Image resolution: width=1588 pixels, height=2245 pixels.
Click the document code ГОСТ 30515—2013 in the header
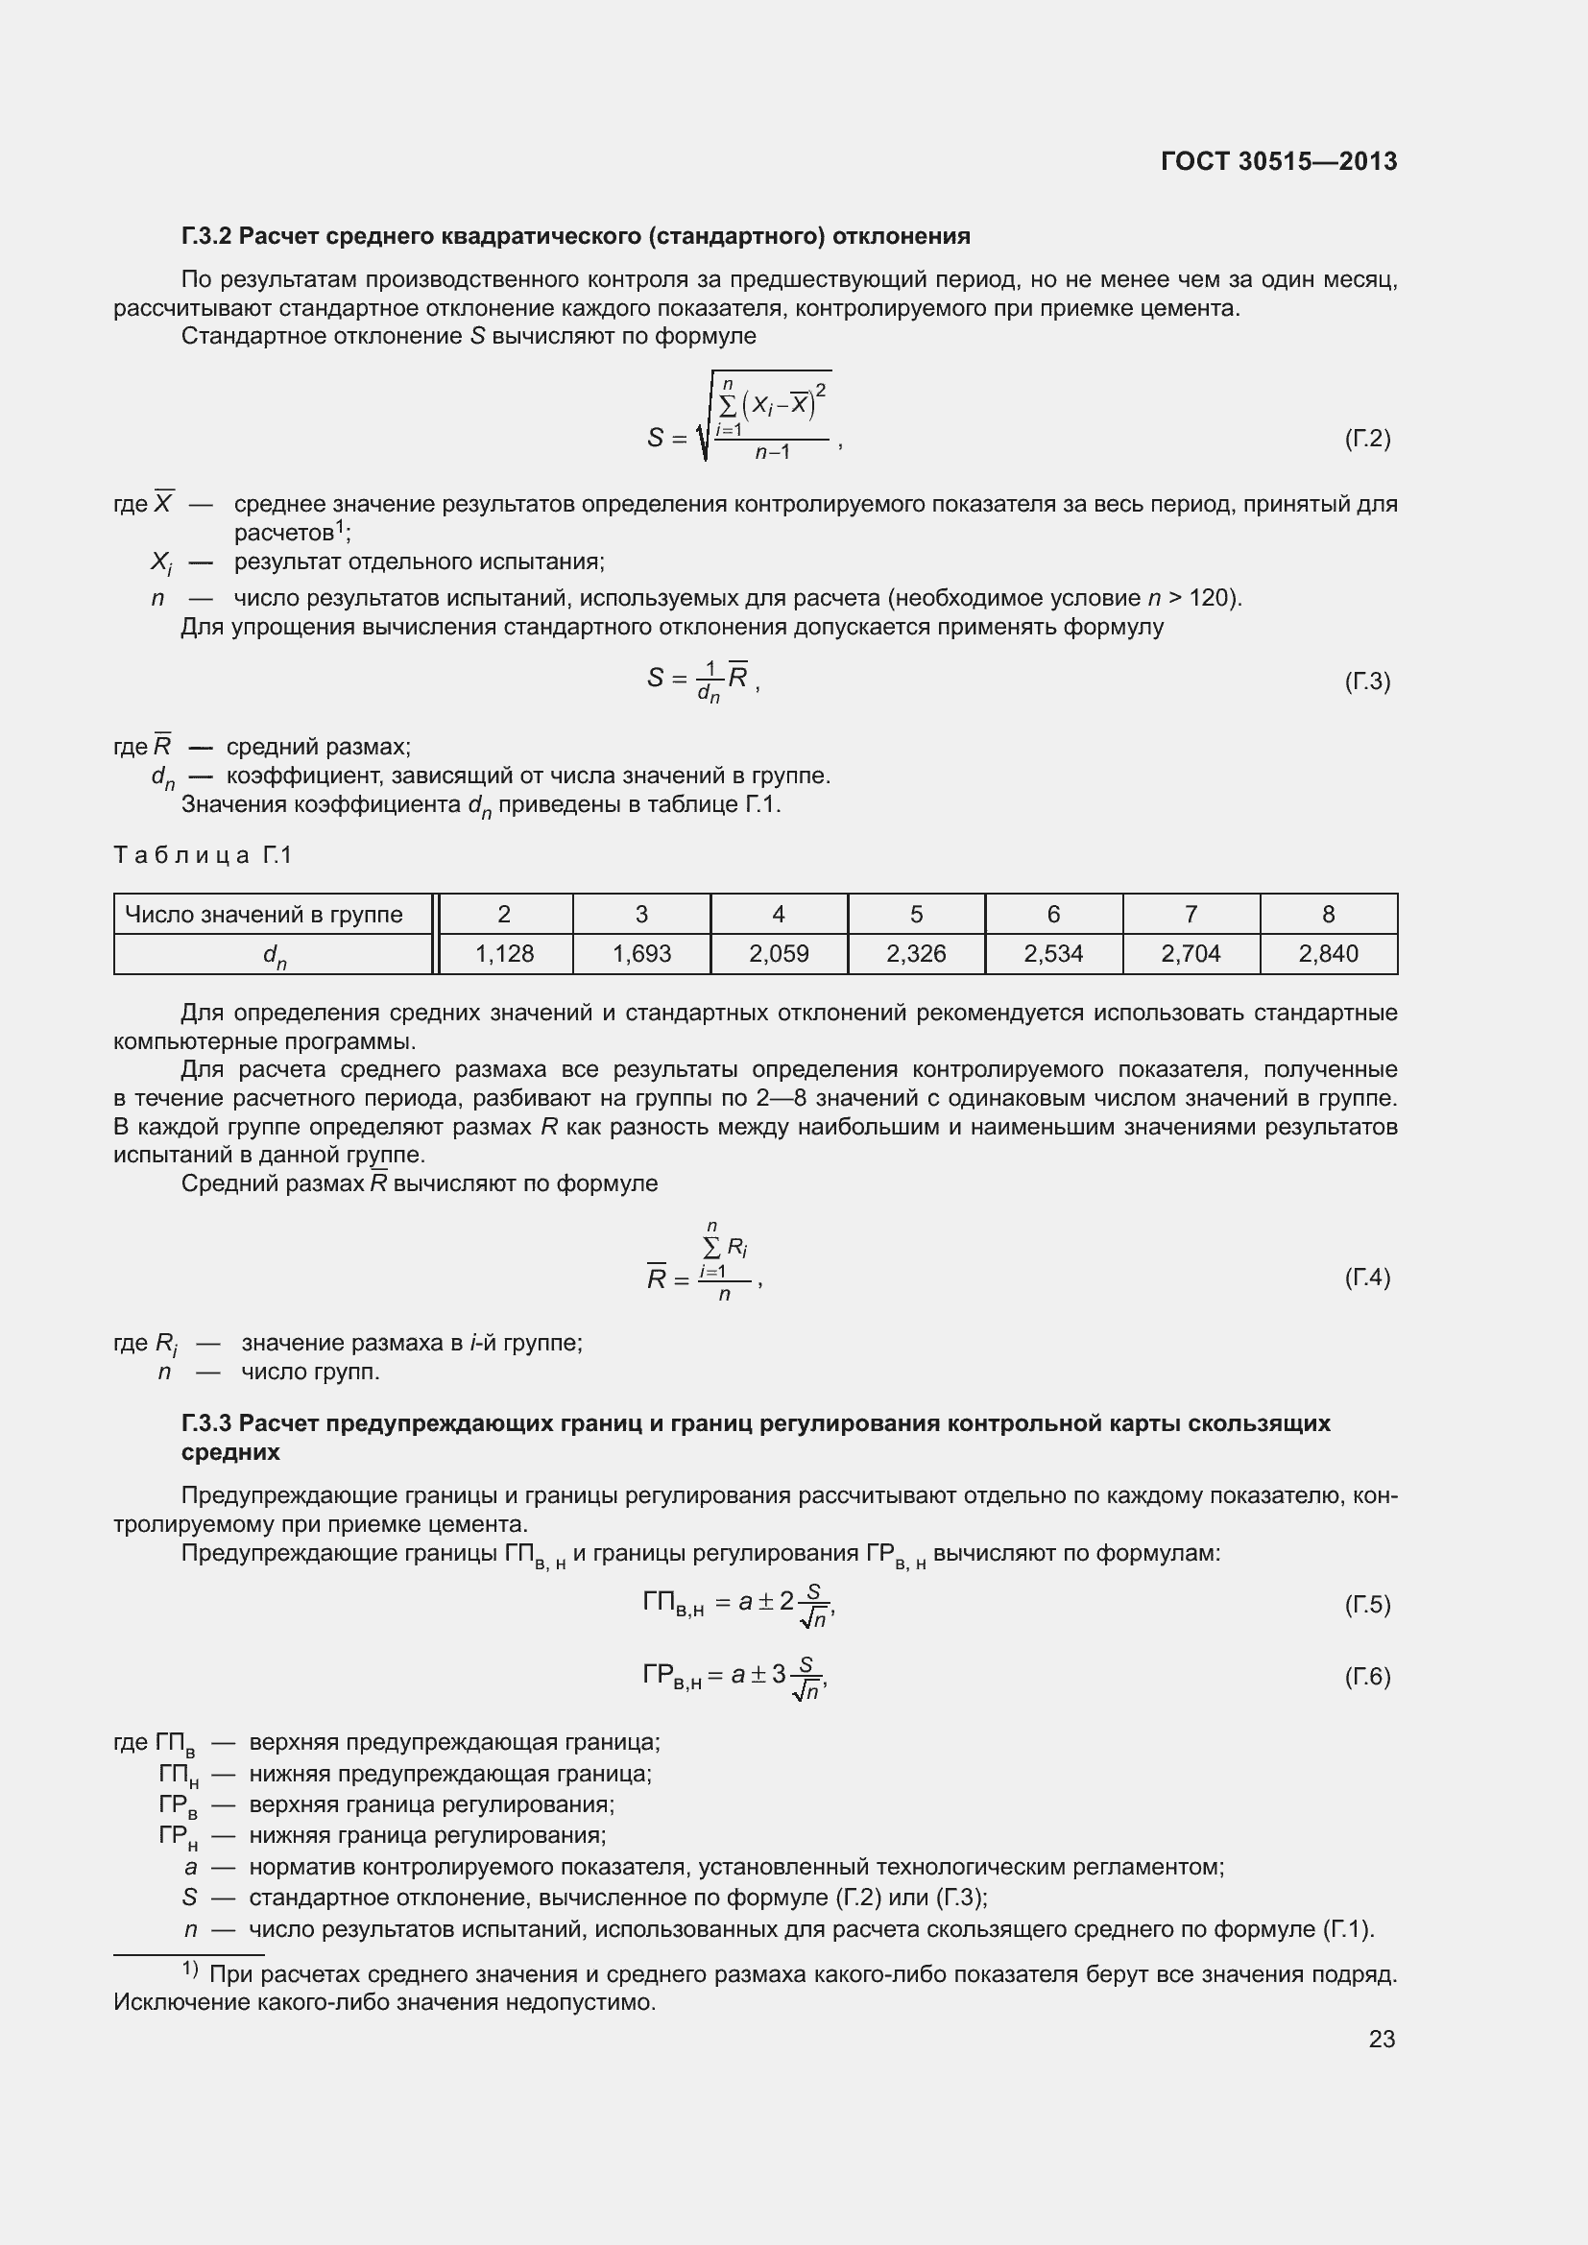(x=1278, y=161)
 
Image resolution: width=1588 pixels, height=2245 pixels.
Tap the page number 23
(x=1382, y=2039)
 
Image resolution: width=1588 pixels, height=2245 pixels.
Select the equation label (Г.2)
(x=1367, y=438)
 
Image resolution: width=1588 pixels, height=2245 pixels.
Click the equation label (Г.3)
(x=1367, y=681)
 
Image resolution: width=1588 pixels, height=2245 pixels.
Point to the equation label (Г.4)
(x=1367, y=1277)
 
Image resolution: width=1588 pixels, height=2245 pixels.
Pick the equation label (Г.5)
(x=1367, y=1604)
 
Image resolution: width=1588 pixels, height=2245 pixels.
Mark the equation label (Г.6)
(x=1367, y=1676)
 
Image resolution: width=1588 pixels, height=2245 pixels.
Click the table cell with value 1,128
(x=505, y=953)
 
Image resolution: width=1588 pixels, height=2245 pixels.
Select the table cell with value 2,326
(x=916, y=953)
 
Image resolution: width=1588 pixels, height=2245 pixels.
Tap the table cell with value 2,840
(x=1328, y=953)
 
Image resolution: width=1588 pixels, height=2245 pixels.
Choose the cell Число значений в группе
(x=264, y=915)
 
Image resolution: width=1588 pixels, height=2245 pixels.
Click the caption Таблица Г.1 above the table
(x=204, y=855)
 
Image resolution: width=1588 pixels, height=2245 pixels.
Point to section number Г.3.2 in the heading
(x=205, y=236)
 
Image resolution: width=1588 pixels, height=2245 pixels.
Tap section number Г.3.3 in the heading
(x=205, y=1422)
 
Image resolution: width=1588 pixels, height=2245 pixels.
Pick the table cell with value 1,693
(x=641, y=953)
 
